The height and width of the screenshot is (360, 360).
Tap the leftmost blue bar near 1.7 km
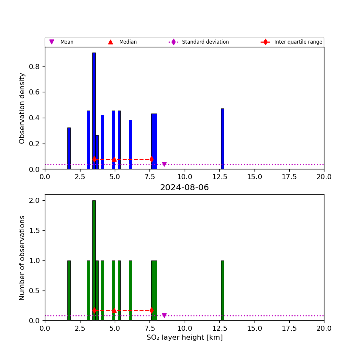pos(69,148)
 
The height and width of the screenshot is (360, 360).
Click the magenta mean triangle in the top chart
pos(164,164)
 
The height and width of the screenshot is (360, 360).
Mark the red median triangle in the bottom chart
pos(114,310)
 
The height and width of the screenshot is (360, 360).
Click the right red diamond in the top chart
pos(152,159)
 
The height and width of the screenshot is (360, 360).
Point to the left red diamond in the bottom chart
pos(94,310)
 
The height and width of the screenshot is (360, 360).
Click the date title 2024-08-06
pos(184,188)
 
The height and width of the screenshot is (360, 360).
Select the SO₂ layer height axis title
pos(184,338)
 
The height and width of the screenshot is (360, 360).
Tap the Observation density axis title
pos(22,108)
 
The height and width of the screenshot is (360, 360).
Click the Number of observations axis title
pos(22,258)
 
